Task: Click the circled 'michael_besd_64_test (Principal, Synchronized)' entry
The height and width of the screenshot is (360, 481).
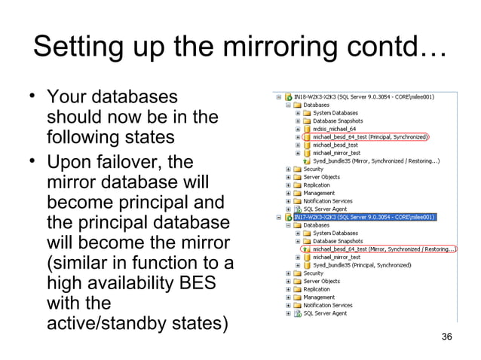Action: point(370,137)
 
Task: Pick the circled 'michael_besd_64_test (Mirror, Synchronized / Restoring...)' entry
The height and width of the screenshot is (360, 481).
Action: point(384,249)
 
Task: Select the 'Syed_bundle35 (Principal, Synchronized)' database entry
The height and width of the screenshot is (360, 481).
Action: point(361,265)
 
